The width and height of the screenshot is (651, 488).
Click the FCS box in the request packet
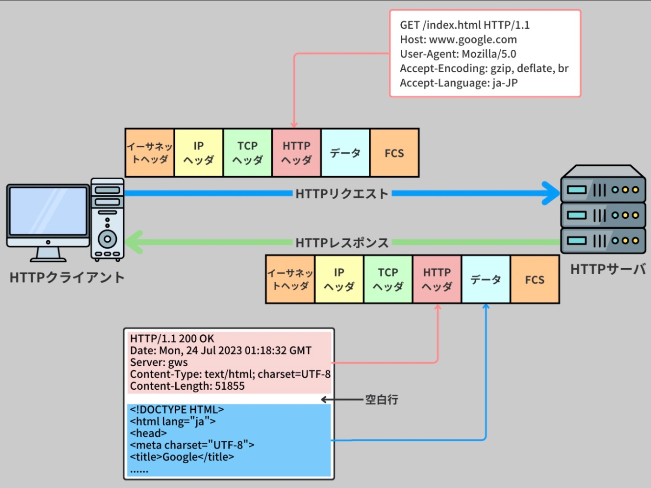tap(394, 153)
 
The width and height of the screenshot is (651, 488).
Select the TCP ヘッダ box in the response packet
tap(388, 279)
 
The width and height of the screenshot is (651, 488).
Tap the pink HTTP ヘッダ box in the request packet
tap(296, 153)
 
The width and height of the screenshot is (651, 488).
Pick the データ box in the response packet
tap(485, 279)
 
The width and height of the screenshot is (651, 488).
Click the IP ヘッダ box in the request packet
tap(199, 153)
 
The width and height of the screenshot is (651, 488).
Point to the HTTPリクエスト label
tap(342, 194)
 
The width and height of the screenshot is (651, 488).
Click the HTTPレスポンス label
tap(342, 243)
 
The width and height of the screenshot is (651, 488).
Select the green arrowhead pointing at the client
tap(133, 242)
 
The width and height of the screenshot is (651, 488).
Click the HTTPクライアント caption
tap(67, 278)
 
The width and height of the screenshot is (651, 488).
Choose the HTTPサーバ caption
tap(608, 269)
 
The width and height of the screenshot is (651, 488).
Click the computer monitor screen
tap(48, 211)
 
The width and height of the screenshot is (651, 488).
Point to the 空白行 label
tap(381, 400)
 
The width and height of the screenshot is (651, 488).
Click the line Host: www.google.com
tap(458, 40)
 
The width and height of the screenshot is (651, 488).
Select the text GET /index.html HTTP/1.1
tap(465, 25)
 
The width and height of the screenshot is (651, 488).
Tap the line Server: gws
tap(159, 362)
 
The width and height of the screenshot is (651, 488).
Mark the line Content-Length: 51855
tap(187, 386)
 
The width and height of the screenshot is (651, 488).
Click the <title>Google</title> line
tap(182, 457)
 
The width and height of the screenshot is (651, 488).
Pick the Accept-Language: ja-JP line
tap(458, 83)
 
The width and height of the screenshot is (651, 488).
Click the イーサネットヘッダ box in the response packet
tap(290, 279)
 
